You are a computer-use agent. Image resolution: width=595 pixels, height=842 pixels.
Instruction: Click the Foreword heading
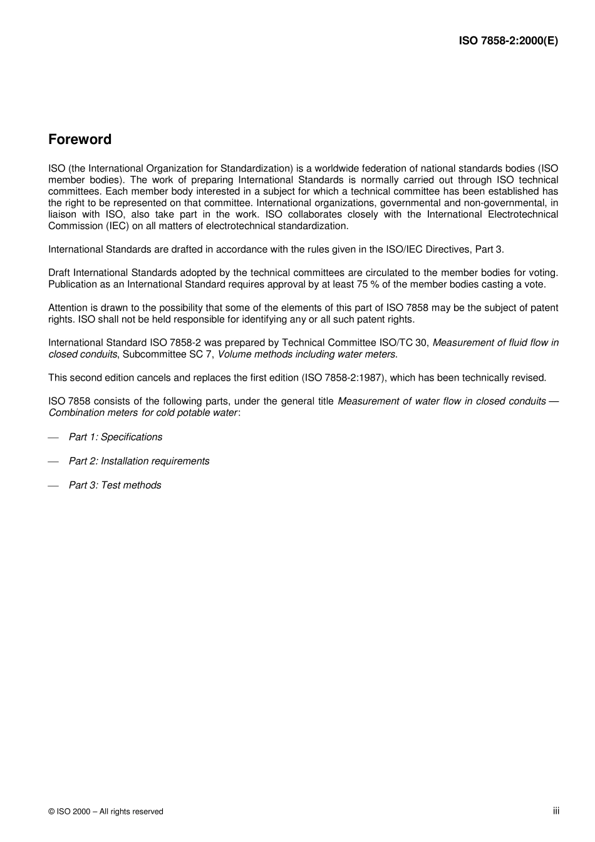[80, 140]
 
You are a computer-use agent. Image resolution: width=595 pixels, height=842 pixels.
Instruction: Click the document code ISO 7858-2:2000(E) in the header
[508, 41]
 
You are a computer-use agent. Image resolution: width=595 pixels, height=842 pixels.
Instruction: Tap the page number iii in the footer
[556, 811]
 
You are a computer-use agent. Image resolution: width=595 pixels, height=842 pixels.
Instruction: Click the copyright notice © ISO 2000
[105, 811]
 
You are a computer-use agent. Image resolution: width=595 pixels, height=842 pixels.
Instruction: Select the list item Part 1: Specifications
[115, 437]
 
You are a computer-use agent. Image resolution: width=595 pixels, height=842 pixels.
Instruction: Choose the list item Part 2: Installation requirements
[139, 461]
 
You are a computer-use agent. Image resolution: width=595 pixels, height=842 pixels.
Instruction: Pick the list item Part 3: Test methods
[115, 485]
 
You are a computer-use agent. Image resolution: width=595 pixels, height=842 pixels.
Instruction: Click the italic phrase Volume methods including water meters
[306, 354]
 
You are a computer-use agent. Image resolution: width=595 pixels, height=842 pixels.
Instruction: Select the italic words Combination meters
[93, 413]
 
